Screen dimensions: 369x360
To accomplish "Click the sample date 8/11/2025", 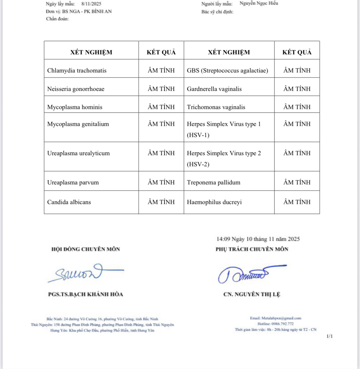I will point(91,4).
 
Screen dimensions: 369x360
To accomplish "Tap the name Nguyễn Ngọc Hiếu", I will point(259,3).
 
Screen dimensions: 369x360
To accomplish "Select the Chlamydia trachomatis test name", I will point(77,70).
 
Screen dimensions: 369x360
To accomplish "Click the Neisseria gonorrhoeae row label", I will point(76,89).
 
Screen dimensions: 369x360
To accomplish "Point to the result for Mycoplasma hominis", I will point(161,107).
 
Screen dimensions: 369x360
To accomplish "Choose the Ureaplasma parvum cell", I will point(73,182).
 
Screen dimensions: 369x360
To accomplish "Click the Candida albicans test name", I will point(69,202).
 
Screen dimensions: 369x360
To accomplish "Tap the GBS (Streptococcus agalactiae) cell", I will point(227,70).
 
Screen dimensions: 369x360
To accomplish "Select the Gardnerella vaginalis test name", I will point(214,89).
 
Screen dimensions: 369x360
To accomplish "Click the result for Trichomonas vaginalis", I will point(297,107).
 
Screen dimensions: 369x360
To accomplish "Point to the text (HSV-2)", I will point(198,164).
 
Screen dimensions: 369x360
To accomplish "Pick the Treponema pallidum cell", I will point(214,182).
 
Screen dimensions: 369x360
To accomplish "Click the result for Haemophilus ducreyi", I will point(297,202).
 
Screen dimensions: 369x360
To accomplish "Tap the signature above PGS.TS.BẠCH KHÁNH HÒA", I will point(86,272).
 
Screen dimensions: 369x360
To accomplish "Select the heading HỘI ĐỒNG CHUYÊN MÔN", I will point(86,249).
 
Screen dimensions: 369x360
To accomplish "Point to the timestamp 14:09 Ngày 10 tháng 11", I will point(258,239).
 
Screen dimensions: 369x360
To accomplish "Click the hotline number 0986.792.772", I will point(282,324).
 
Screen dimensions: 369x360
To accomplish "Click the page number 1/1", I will point(330,336).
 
